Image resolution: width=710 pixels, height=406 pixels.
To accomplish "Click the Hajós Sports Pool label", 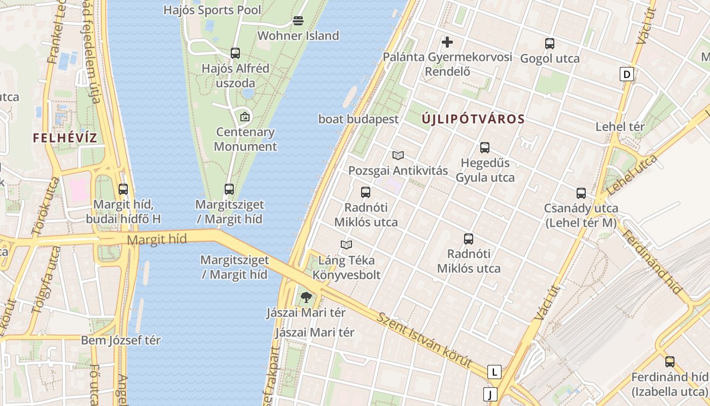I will pyautogui.click(x=212, y=10).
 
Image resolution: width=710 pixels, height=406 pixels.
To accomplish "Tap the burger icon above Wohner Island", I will pyautogui.click(x=298, y=21).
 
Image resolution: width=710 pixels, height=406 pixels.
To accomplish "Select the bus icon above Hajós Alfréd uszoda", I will pyautogui.click(x=235, y=53).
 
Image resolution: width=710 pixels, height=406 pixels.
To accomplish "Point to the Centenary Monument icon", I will pyautogui.click(x=245, y=117).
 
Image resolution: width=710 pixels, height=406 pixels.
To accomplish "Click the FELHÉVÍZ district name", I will pyautogui.click(x=65, y=138).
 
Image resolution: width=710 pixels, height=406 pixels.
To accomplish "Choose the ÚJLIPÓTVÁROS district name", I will pyautogui.click(x=473, y=119).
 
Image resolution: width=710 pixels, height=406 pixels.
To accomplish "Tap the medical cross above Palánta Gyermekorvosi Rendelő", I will pyautogui.click(x=447, y=42).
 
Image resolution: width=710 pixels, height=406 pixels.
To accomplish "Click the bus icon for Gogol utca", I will pyautogui.click(x=549, y=44).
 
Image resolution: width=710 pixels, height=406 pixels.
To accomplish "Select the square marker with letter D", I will pyautogui.click(x=627, y=75).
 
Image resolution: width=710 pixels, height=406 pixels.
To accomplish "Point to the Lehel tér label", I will pyautogui.click(x=620, y=127).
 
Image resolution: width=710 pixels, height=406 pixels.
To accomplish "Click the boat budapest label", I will pyautogui.click(x=359, y=119).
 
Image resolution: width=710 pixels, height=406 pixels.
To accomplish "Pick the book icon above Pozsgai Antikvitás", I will pyautogui.click(x=398, y=155).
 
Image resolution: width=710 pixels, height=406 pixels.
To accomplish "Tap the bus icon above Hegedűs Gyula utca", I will pyautogui.click(x=485, y=148).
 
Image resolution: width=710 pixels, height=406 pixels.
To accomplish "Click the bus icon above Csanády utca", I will pyautogui.click(x=581, y=193).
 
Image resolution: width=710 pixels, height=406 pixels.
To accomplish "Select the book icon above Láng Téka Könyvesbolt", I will pyautogui.click(x=346, y=245).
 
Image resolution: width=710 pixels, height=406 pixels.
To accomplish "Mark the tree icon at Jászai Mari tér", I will pyautogui.click(x=306, y=297).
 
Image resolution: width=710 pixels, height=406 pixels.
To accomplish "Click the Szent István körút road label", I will pyautogui.click(x=424, y=341).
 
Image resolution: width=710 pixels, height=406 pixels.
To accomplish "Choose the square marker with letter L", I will pyautogui.click(x=494, y=372).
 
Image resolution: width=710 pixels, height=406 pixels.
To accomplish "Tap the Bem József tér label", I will pyautogui.click(x=121, y=340).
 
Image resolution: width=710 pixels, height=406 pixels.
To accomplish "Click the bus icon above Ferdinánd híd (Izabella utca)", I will pyautogui.click(x=669, y=362).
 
